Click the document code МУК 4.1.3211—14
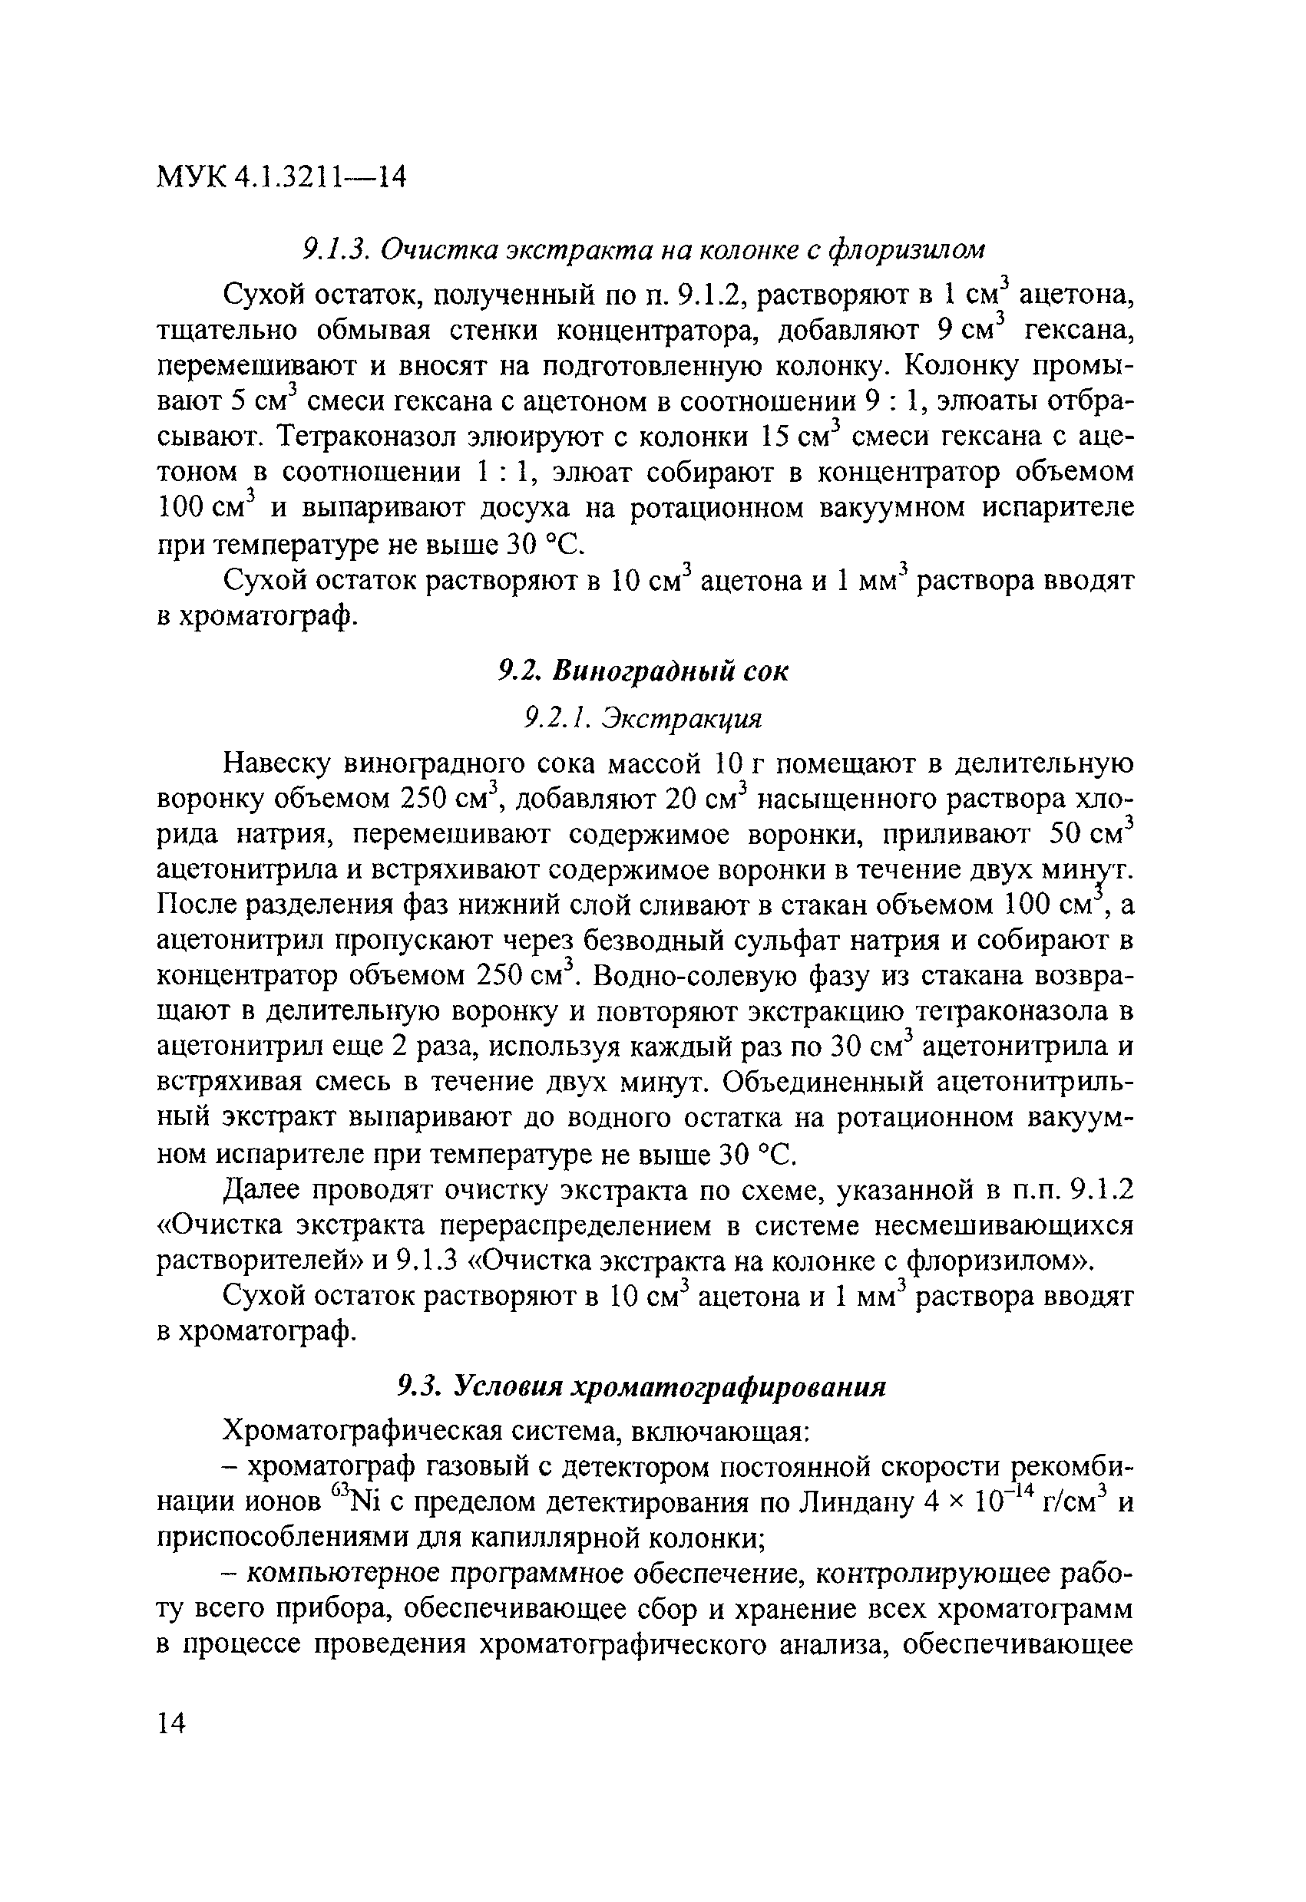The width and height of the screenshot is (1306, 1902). coord(281,176)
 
